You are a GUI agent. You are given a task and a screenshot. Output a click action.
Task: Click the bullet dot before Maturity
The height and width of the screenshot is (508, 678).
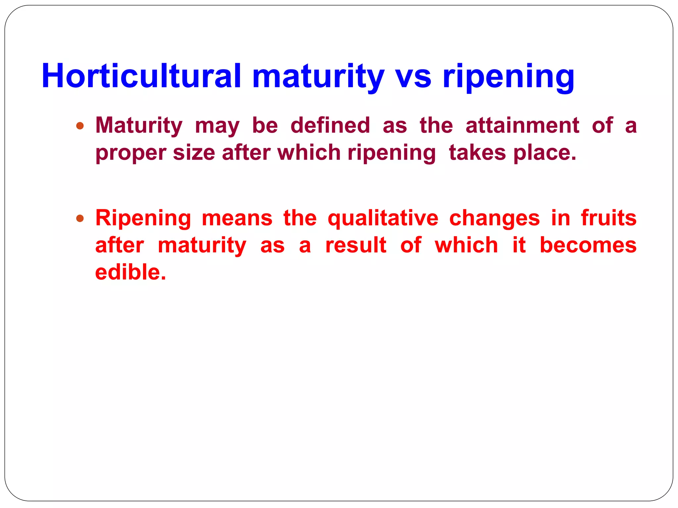click(x=80, y=126)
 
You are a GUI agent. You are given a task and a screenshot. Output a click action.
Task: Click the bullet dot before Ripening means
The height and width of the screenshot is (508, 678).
click(x=80, y=219)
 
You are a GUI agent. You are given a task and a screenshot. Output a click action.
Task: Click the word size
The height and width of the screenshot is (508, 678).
click(x=194, y=153)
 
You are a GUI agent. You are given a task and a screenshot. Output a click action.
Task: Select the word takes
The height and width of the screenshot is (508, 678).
click(x=477, y=153)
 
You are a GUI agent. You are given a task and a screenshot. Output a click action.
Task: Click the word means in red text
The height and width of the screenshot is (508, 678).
click(x=237, y=219)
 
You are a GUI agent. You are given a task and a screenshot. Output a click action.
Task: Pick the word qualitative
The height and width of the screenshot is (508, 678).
click(x=383, y=219)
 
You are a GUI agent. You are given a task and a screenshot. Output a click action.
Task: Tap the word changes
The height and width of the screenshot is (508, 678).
click(x=494, y=219)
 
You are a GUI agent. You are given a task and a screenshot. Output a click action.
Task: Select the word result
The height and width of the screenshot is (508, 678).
click(x=356, y=245)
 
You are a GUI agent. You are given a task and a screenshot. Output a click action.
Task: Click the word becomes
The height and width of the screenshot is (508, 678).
click(x=588, y=245)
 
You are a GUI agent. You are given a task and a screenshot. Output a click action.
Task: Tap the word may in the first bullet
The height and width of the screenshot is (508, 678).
click(x=217, y=126)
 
